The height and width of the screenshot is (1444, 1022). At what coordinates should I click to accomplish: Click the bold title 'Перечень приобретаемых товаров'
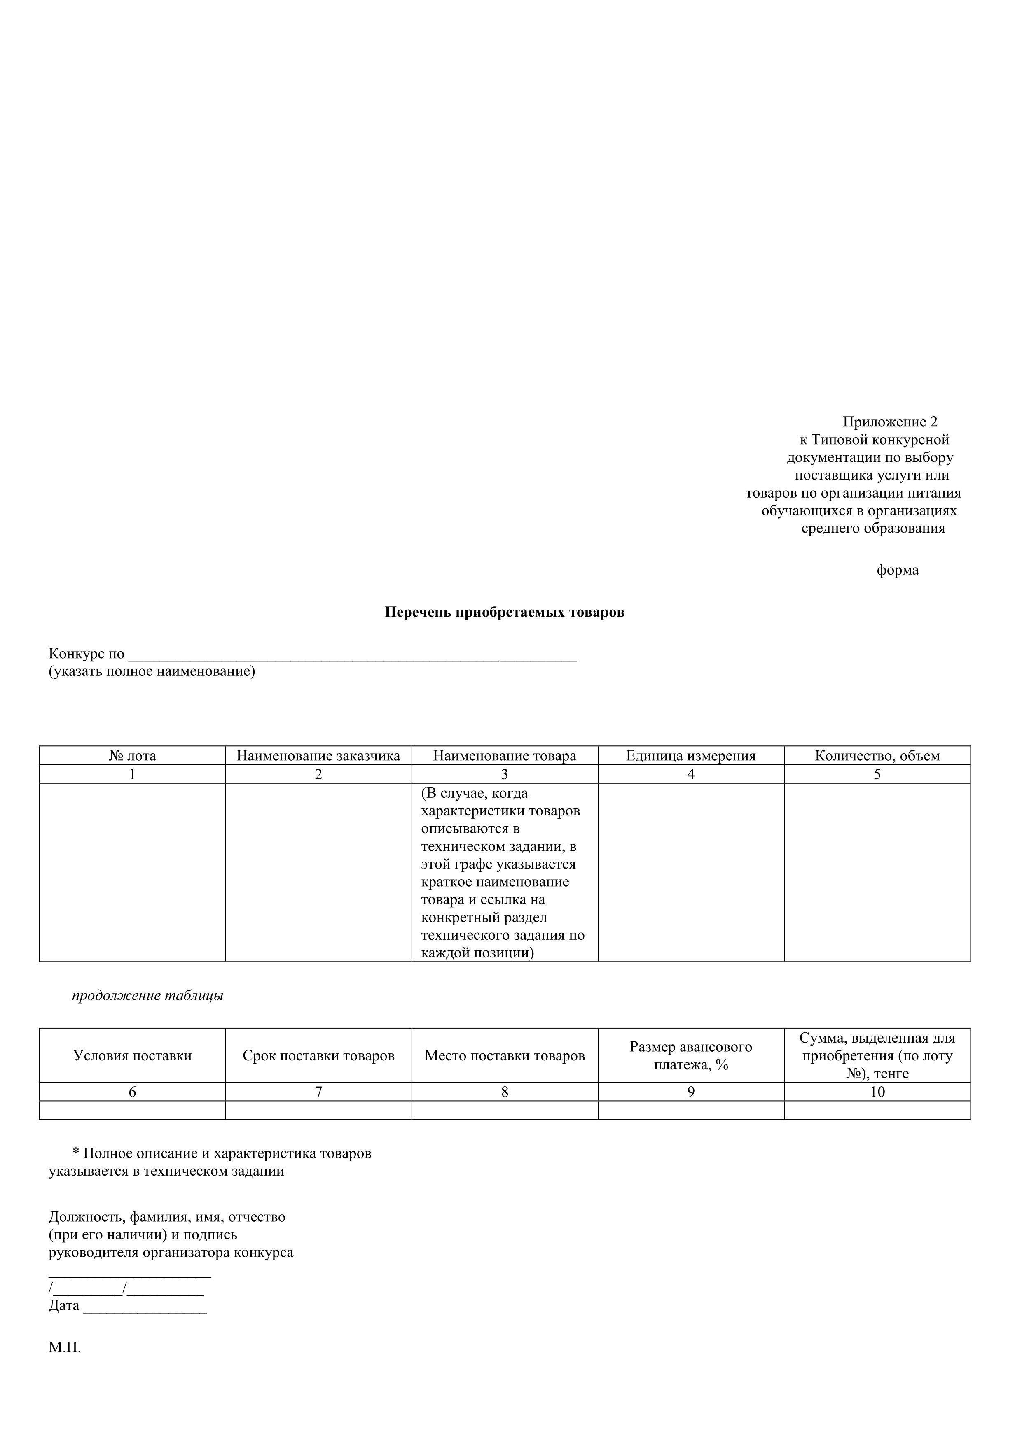pos(504,613)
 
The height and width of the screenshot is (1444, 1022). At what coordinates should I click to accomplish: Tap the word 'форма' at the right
pos(898,571)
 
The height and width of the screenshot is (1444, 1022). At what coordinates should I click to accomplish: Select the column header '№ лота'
pos(132,756)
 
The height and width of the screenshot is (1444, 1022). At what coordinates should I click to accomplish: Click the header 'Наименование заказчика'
pos(318,756)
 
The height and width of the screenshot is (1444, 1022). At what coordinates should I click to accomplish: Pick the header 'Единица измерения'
pos(690,756)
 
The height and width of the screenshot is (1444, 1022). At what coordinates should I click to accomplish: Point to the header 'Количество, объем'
pos(877,756)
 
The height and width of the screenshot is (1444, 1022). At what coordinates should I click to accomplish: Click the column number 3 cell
pos(505,775)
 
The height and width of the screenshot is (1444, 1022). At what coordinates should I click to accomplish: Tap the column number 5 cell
pos(877,775)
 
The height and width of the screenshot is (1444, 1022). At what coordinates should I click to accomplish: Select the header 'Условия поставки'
pos(132,1056)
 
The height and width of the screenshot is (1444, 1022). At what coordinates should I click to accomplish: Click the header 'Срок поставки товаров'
pos(318,1056)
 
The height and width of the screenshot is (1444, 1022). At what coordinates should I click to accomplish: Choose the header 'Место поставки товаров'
pos(505,1056)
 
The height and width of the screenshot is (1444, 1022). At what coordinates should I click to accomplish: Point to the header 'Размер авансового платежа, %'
pos(690,1056)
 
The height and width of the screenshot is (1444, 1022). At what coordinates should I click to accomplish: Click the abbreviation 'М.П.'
pos(65,1348)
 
